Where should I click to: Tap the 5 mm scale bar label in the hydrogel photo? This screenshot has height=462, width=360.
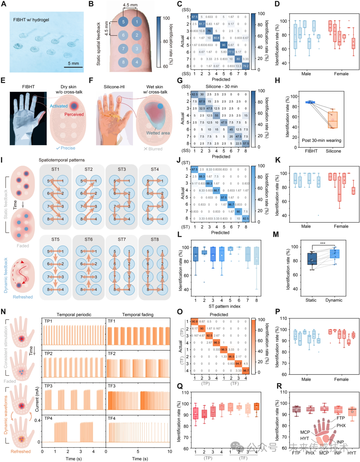pos(73,63)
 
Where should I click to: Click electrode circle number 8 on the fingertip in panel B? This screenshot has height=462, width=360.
pos(123,62)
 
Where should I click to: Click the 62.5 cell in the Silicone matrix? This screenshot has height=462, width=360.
pos(195,94)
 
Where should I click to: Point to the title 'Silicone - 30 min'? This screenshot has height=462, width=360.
pos(221,86)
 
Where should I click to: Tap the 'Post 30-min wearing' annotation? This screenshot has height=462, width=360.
pos(321,140)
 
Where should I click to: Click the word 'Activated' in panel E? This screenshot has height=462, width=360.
pos(59,106)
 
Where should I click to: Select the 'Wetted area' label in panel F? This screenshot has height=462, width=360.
pos(158,133)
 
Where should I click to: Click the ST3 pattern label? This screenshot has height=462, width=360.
pos(122,169)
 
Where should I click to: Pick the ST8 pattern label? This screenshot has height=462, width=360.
pos(155,240)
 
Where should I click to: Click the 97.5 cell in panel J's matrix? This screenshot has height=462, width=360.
pos(224,197)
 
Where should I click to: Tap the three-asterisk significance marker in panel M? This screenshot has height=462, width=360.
pos(323,243)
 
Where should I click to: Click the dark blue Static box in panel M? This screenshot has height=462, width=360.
pos(312,259)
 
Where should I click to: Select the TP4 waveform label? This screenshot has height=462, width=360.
pos(48,418)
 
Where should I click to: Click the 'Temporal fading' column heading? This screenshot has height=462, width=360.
pos(138,315)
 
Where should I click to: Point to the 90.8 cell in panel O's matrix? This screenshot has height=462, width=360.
pos(195,322)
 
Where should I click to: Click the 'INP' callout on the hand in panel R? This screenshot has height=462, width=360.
pos(340,442)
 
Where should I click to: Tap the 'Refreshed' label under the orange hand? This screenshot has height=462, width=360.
pos(21,452)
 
